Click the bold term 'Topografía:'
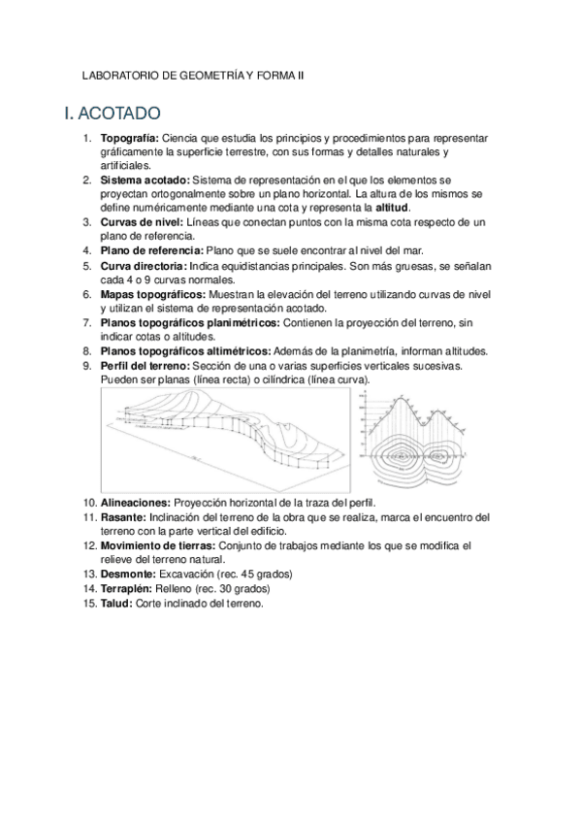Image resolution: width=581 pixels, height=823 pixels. [129, 139]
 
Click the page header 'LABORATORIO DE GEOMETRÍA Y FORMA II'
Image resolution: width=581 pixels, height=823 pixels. [193, 73]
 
